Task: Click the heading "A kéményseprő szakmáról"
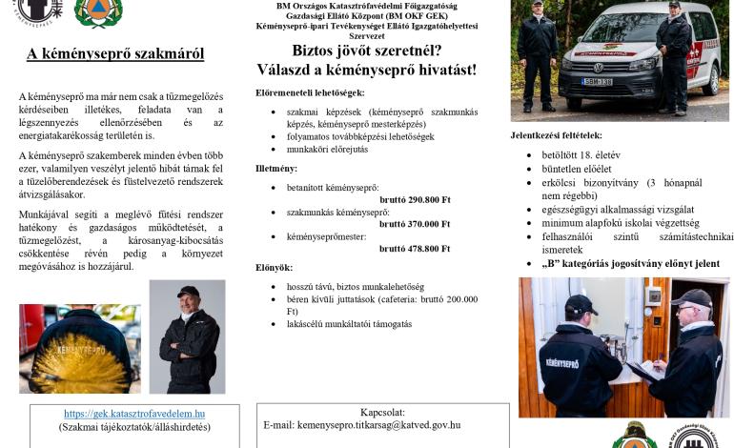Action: (x=114, y=53)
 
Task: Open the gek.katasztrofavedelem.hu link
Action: (x=134, y=414)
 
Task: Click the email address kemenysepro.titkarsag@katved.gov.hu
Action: (x=361, y=425)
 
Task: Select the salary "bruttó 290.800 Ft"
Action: (x=415, y=200)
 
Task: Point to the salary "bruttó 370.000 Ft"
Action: (x=415, y=224)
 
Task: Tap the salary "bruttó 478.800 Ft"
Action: (x=415, y=248)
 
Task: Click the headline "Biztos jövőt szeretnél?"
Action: (x=366, y=51)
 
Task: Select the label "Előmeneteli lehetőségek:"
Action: (x=310, y=92)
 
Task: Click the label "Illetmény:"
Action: (x=277, y=169)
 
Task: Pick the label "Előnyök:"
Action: (x=275, y=268)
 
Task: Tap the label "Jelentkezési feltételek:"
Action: (x=557, y=135)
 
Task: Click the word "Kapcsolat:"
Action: (x=382, y=412)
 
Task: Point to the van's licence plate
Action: (x=598, y=82)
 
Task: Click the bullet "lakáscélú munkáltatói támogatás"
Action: (x=350, y=324)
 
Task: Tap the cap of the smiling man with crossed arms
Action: (x=189, y=292)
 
